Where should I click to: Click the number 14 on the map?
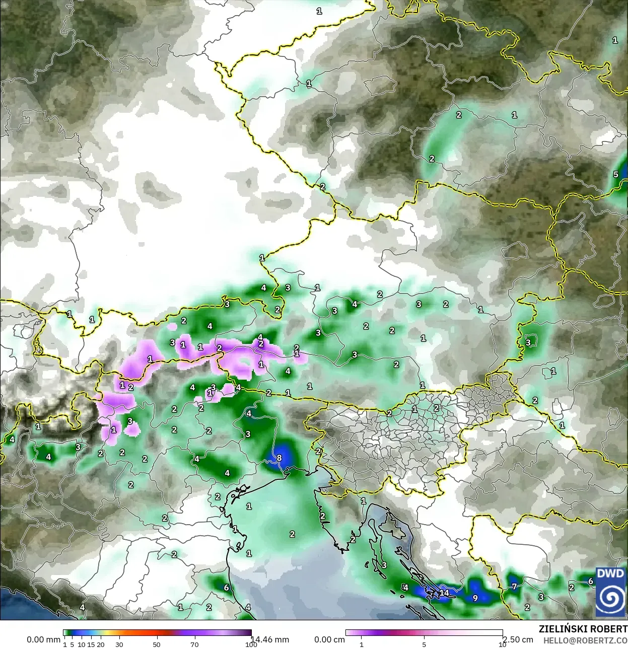(444, 593)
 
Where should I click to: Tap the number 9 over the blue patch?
(475, 598)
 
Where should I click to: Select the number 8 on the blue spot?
(279, 458)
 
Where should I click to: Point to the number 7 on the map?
(514, 586)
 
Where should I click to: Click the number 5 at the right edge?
(615, 174)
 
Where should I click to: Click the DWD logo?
(610, 592)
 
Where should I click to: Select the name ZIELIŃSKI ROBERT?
(583, 629)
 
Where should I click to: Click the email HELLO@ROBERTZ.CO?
(585, 640)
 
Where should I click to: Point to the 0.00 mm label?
(43, 639)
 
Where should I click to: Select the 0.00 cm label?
(329, 639)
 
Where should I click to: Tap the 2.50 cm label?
(519, 639)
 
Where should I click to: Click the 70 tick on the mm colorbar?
(194, 644)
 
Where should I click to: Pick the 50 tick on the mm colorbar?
(157, 644)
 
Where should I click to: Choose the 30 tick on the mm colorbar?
(119, 644)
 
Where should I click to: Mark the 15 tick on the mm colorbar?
(91, 644)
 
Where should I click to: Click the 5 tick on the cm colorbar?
(424, 644)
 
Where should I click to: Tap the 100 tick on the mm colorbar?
(251, 644)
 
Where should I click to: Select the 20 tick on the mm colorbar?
(100, 644)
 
